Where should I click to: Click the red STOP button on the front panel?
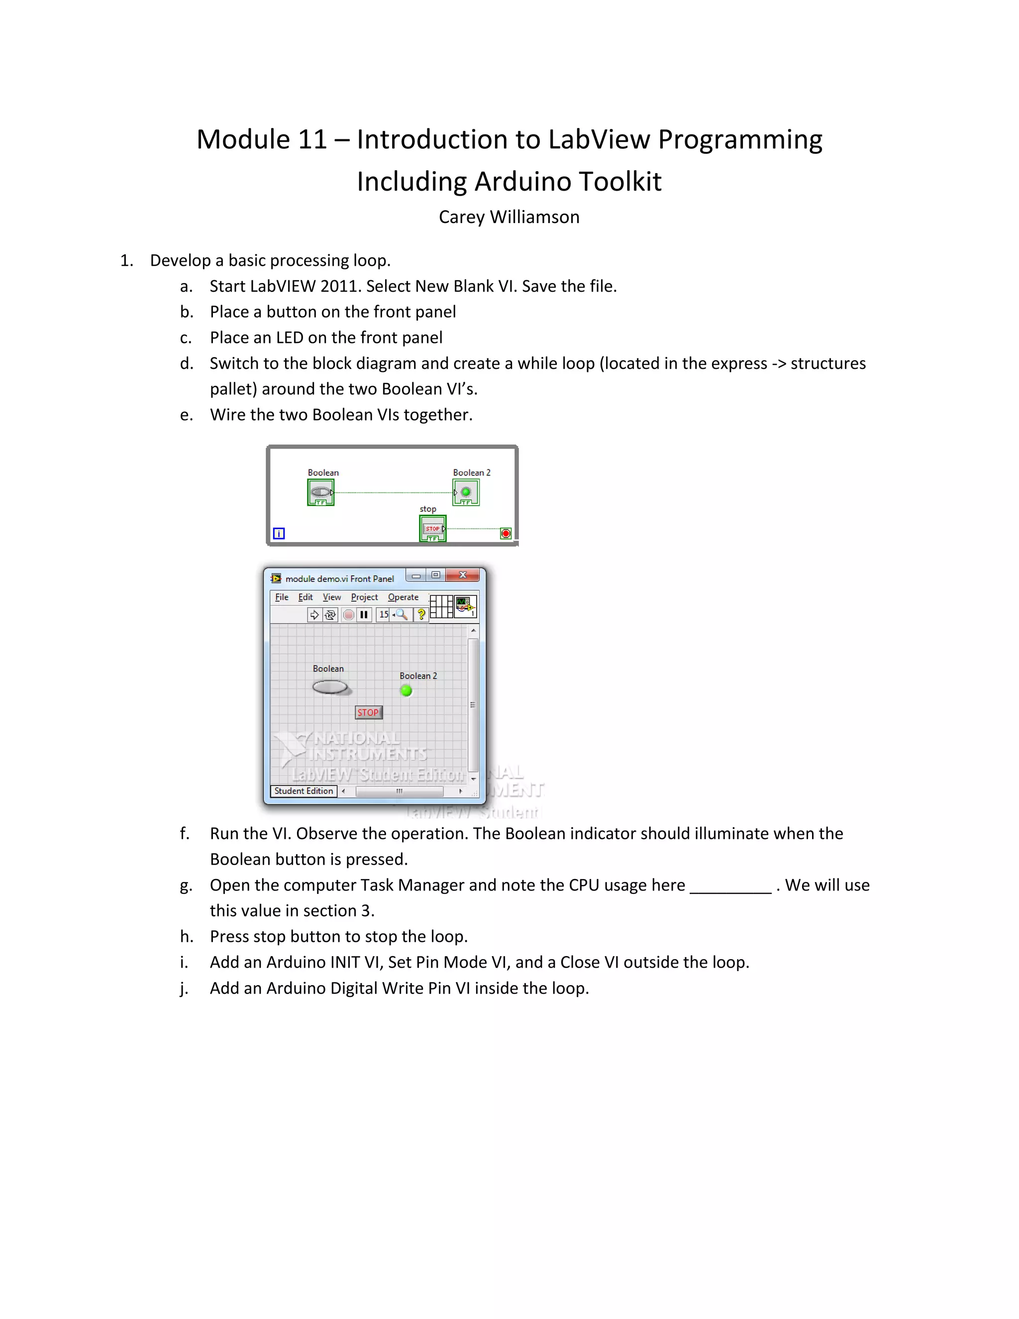pos(368,713)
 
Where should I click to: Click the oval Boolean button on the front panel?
pos(329,687)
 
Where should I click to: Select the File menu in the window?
pos(281,597)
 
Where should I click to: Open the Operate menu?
pos(403,597)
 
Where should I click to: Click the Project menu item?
pos(364,597)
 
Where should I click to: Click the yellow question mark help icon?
pos(421,615)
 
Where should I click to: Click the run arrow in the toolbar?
pos(314,615)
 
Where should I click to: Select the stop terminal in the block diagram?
pos(433,529)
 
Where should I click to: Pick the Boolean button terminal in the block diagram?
pos(320,492)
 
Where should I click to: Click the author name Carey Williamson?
pos(509,217)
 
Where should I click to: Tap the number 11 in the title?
pos(312,139)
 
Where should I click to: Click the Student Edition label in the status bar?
pos(304,791)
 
